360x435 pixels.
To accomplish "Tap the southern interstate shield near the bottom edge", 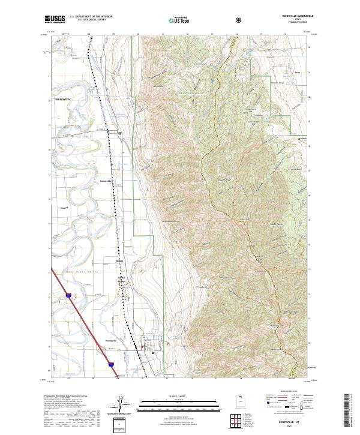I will tap(112, 364).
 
